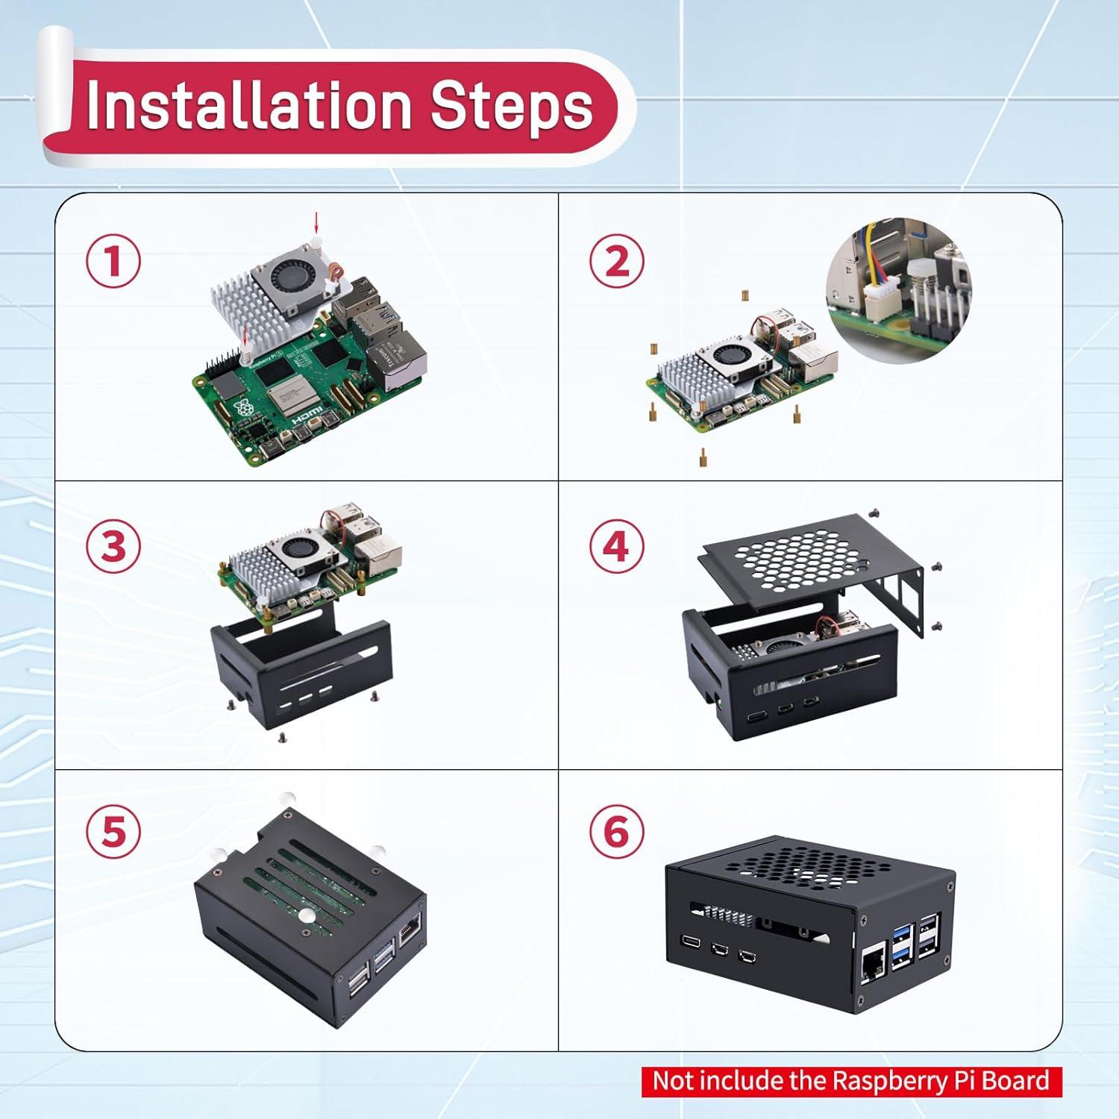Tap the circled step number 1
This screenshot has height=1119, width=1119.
[x=113, y=262]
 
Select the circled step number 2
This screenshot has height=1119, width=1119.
[x=617, y=262]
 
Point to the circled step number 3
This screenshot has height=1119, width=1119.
[x=113, y=547]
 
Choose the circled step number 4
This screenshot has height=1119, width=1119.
[x=617, y=547]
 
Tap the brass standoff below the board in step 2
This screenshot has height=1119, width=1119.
[x=703, y=457]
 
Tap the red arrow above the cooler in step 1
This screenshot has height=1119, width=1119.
[x=316, y=222]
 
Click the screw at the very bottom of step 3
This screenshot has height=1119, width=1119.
[x=281, y=737]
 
